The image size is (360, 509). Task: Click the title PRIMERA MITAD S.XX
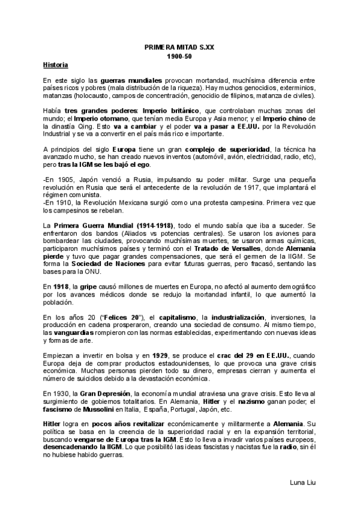[179, 46]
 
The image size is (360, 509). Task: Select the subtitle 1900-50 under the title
[179, 55]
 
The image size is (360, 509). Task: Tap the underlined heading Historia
[56, 64]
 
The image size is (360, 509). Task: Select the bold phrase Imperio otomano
[103, 119]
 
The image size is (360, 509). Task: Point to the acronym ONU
[94, 271]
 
